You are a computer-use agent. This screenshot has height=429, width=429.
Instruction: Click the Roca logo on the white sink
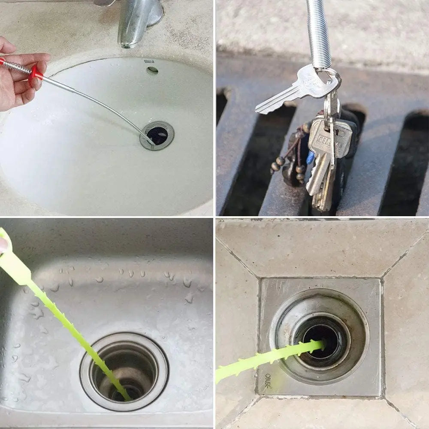click(x=149, y=61)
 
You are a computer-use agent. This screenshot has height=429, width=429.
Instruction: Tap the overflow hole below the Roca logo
click(x=152, y=70)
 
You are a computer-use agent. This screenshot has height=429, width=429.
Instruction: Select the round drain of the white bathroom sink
click(x=157, y=135)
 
